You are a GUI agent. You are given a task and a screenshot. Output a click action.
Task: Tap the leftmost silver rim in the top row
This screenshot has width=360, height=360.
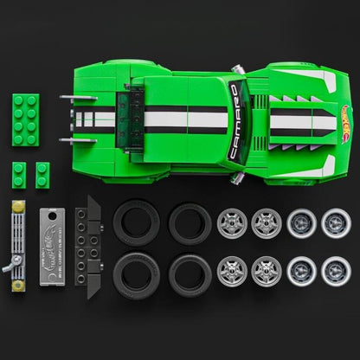(231, 223)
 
